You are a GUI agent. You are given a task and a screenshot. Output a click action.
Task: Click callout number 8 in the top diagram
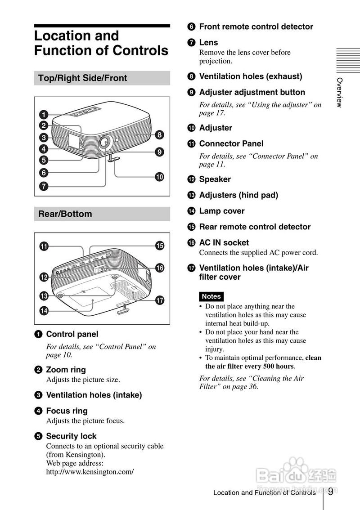click(x=159, y=134)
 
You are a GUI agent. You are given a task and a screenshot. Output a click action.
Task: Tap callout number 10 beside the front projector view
click(x=159, y=177)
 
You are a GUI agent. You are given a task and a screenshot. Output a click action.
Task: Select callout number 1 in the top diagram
click(x=44, y=115)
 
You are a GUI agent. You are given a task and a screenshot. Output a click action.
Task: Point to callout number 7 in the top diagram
click(x=44, y=186)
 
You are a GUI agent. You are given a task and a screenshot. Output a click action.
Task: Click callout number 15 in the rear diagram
click(x=159, y=246)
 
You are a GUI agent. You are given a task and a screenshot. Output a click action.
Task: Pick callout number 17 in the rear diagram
click(x=159, y=300)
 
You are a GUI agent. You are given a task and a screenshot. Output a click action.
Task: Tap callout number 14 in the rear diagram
click(x=44, y=311)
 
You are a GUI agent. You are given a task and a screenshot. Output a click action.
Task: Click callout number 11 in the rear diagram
click(x=44, y=246)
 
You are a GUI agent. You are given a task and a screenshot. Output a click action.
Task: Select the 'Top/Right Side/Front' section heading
click(x=83, y=78)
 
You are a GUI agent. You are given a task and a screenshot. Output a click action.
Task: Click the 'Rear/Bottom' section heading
click(x=65, y=214)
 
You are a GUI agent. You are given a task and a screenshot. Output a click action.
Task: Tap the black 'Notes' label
click(x=211, y=296)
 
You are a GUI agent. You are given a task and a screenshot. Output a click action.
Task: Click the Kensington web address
click(x=90, y=472)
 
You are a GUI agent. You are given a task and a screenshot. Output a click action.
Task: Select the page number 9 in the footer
click(x=330, y=492)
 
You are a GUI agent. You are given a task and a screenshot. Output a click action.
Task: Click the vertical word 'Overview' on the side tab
click(x=339, y=93)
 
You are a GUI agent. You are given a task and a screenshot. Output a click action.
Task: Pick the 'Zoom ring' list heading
click(x=66, y=370)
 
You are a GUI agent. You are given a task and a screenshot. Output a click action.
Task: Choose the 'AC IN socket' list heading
click(x=224, y=243)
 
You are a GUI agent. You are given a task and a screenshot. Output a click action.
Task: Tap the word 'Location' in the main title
click(x=76, y=36)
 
